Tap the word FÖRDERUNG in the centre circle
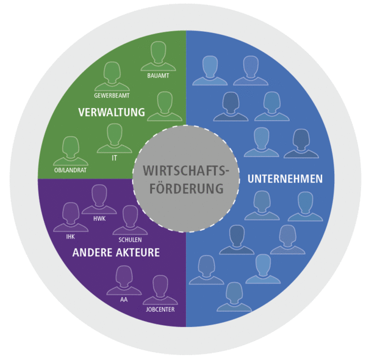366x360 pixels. click(x=185, y=189)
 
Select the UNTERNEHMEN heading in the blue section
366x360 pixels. click(x=285, y=179)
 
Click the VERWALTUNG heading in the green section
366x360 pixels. click(x=112, y=112)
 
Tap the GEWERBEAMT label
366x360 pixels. click(x=112, y=96)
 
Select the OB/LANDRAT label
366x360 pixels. click(x=70, y=170)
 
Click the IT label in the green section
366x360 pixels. click(x=114, y=157)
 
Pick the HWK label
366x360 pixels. click(x=99, y=218)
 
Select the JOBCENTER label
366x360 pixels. click(x=160, y=309)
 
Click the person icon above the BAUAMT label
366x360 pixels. click(x=158, y=56)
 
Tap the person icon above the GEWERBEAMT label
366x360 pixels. click(x=112, y=76)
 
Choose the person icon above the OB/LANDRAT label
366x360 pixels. click(x=71, y=150)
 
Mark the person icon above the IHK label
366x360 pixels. click(x=70, y=217)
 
